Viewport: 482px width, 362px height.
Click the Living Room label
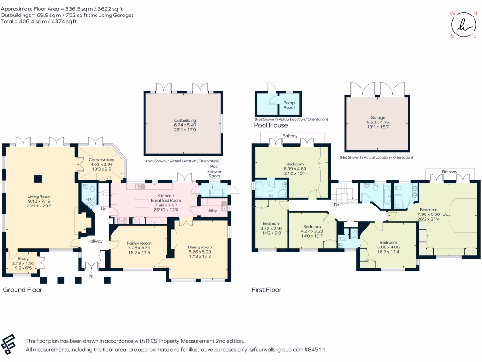click(39, 197)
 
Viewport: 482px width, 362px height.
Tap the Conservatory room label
click(102, 160)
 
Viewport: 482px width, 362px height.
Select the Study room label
click(23, 259)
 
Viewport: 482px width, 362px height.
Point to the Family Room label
click(138, 243)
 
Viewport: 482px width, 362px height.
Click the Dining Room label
click(200, 247)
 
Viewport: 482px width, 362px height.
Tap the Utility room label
click(212, 210)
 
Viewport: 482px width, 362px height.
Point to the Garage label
click(378, 117)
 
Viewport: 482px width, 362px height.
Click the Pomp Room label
click(289, 105)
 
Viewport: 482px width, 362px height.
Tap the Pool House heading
click(271, 125)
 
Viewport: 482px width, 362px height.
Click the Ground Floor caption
click(23, 289)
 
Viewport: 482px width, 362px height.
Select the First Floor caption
click(266, 289)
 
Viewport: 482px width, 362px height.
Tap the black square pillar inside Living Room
click(38, 178)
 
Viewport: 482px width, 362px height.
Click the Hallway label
click(88, 241)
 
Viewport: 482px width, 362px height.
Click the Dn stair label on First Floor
click(337, 205)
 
